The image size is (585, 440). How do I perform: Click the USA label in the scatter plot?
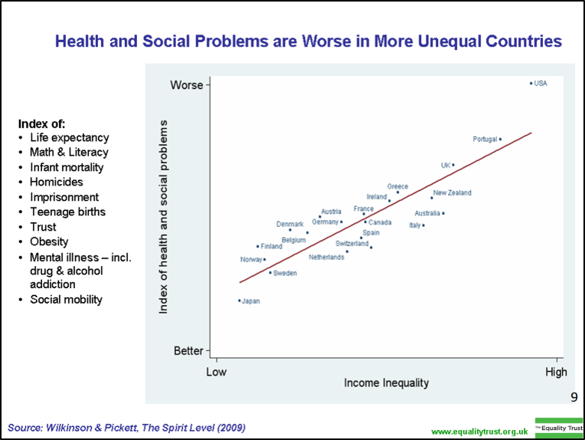click(541, 84)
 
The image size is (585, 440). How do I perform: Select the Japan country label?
click(251, 301)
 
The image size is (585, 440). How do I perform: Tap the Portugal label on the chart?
click(485, 140)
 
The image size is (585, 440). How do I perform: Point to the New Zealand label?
click(453, 193)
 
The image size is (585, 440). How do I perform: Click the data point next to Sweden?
click(270, 272)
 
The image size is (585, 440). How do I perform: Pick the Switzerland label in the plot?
click(352, 244)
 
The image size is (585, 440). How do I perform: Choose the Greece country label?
click(397, 186)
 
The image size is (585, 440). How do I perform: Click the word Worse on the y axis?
click(186, 84)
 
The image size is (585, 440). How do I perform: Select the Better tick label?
click(188, 351)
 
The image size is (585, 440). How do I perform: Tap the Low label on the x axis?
click(217, 373)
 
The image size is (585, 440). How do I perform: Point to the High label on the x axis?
click(556, 373)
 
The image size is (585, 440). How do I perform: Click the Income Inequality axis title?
click(386, 383)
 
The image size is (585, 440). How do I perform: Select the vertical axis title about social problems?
click(163, 216)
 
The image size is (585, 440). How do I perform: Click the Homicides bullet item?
click(56, 182)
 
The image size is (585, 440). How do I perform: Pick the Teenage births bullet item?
click(67, 212)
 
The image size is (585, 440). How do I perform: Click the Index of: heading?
click(42, 123)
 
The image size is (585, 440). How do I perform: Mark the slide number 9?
click(574, 397)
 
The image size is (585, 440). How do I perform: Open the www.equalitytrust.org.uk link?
click(480, 432)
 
